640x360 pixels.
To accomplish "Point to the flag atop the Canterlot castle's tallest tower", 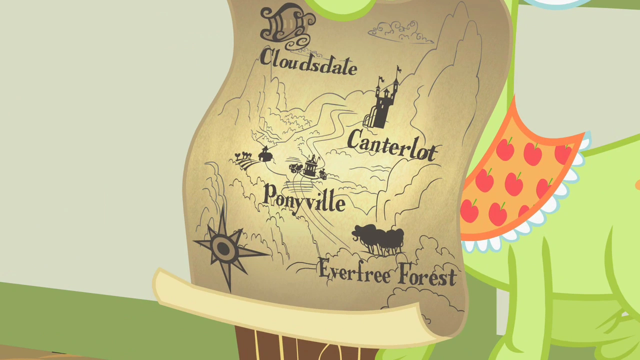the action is point(398,69).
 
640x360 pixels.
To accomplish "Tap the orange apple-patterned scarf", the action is point(520,180).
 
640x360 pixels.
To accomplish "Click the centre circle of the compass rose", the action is point(223,246).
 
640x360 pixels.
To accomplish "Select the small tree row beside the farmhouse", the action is point(243,155).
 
